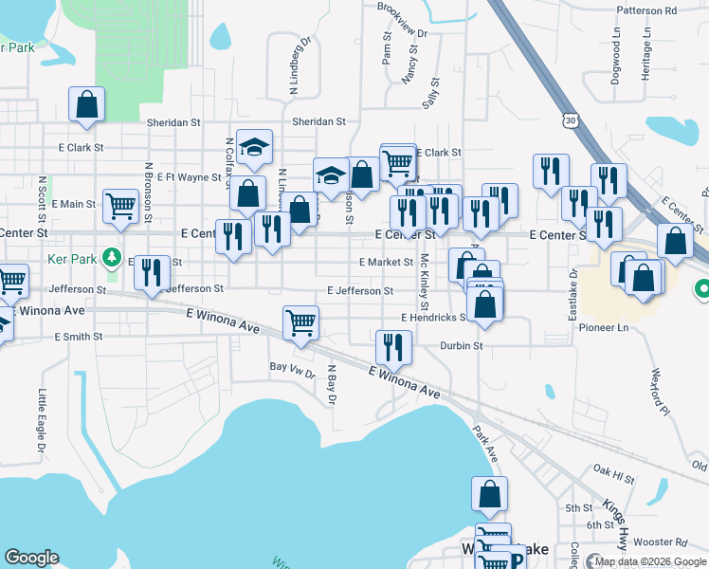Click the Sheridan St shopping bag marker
coord(86,103)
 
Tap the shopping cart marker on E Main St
coord(120,205)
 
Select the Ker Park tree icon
coord(112,257)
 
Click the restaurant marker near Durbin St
coord(392,346)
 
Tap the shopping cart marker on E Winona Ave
coord(300,322)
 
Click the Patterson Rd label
coord(672,10)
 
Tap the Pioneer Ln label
coord(609,327)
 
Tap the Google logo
coord(32,558)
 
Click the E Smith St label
coord(79,337)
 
